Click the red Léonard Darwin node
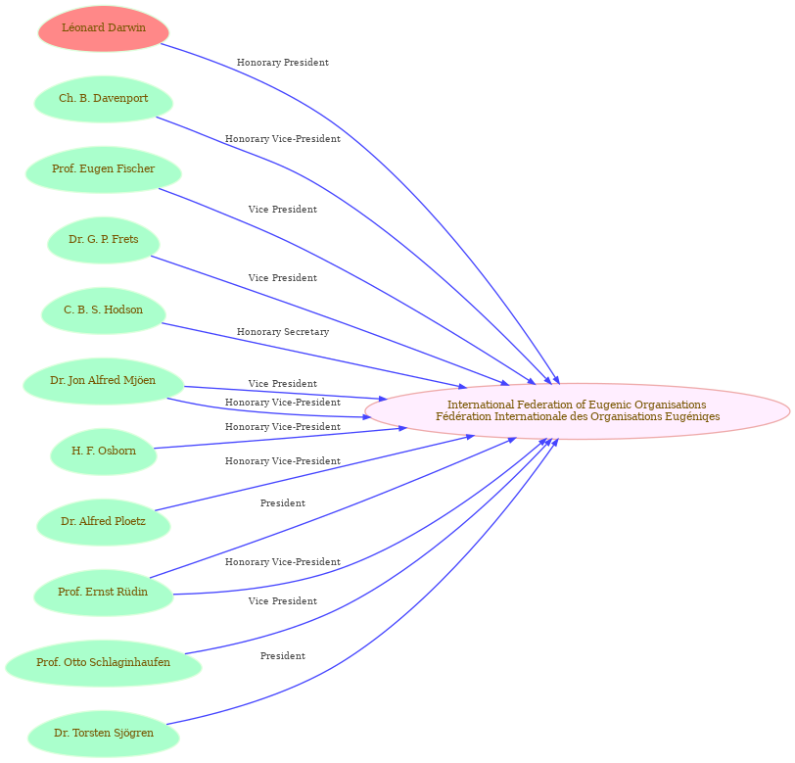pyautogui.click(x=104, y=28)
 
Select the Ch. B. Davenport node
pyautogui.click(x=104, y=99)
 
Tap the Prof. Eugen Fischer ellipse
pyautogui.click(x=104, y=169)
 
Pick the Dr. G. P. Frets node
pyautogui.click(x=104, y=240)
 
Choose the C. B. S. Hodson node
pyautogui.click(x=104, y=310)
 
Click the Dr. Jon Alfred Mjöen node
pyautogui.click(x=104, y=381)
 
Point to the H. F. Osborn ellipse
pyautogui.click(x=104, y=452)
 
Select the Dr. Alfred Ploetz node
pyautogui.click(x=104, y=522)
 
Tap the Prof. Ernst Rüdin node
pyautogui.click(x=104, y=593)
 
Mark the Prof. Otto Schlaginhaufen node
pyautogui.click(x=104, y=663)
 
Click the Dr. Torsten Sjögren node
pyautogui.click(x=104, y=734)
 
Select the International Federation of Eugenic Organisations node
pyautogui.click(x=577, y=411)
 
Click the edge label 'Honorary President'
pyautogui.click(x=283, y=63)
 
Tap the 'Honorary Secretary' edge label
pyautogui.click(x=283, y=332)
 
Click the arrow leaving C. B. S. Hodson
pyautogui.click(x=314, y=356)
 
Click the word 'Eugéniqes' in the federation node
pyautogui.click(x=695, y=417)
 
